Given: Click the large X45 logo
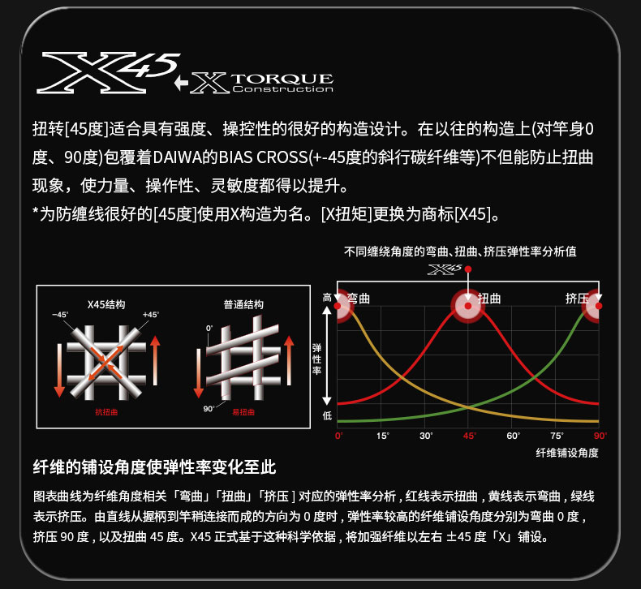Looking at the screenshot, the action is click(109, 73).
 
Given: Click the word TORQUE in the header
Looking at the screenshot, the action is click(282, 79).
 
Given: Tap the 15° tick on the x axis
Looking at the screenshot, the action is click(383, 436).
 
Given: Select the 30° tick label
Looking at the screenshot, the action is click(426, 436).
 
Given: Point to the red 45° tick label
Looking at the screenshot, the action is click(469, 436).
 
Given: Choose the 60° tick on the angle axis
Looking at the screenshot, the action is click(513, 436).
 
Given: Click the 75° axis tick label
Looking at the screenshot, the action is click(557, 436).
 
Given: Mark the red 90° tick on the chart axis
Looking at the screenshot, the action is click(600, 436).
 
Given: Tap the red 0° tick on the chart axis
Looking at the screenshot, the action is click(339, 436).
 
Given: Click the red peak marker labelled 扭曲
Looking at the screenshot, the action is click(468, 306).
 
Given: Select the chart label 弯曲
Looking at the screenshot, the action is click(359, 299).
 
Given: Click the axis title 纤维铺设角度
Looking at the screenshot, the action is click(567, 453).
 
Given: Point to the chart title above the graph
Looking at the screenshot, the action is click(460, 252).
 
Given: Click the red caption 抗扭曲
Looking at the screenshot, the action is click(106, 412).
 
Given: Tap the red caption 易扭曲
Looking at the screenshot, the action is click(243, 412).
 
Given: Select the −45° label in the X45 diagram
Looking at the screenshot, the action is click(60, 315).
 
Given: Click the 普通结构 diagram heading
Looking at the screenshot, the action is click(243, 304).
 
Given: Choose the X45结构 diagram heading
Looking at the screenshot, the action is click(106, 304).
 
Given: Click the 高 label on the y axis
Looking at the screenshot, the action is click(327, 298).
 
